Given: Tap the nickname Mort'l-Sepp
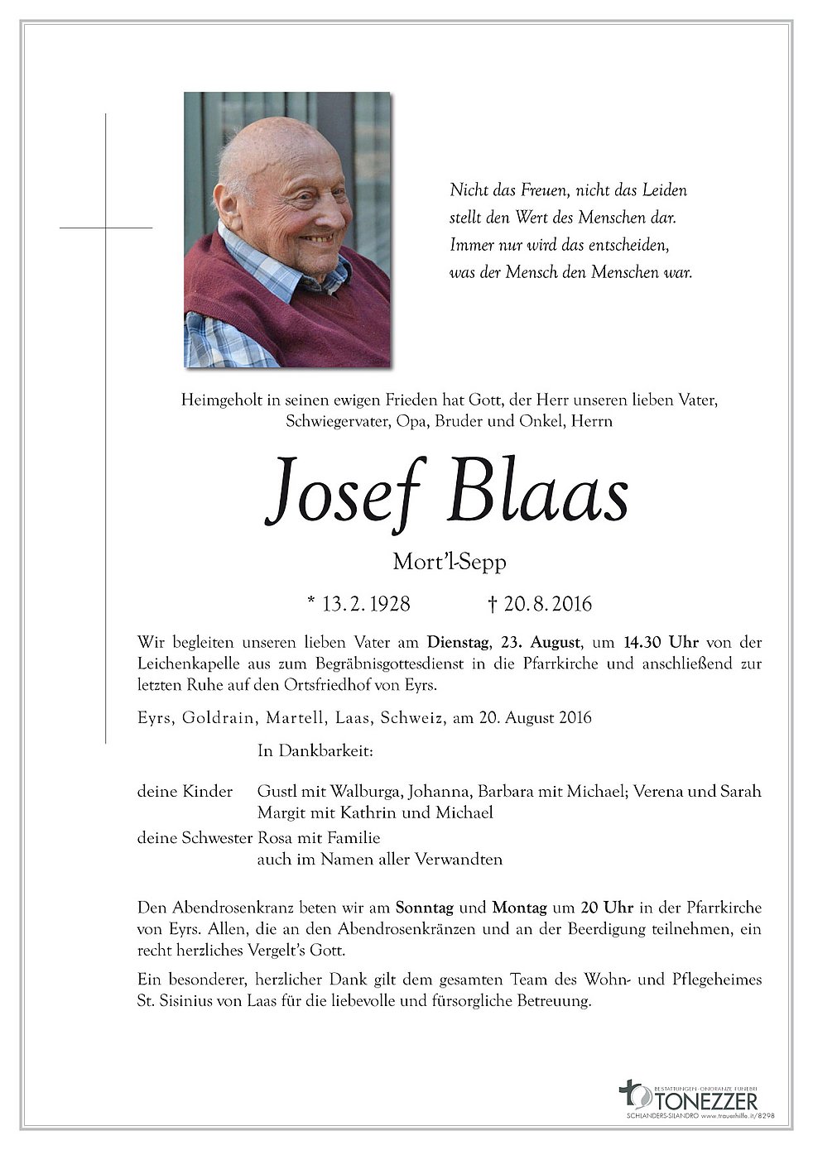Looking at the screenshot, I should click(449, 563).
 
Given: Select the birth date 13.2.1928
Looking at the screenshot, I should click(358, 604).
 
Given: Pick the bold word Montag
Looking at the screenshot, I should click(520, 907).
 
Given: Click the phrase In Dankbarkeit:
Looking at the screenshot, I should click(316, 752).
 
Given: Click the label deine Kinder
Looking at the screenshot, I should click(185, 792).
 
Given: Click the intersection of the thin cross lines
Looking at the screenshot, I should click(106, 227).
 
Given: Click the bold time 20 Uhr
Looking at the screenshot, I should click(594, 907).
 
